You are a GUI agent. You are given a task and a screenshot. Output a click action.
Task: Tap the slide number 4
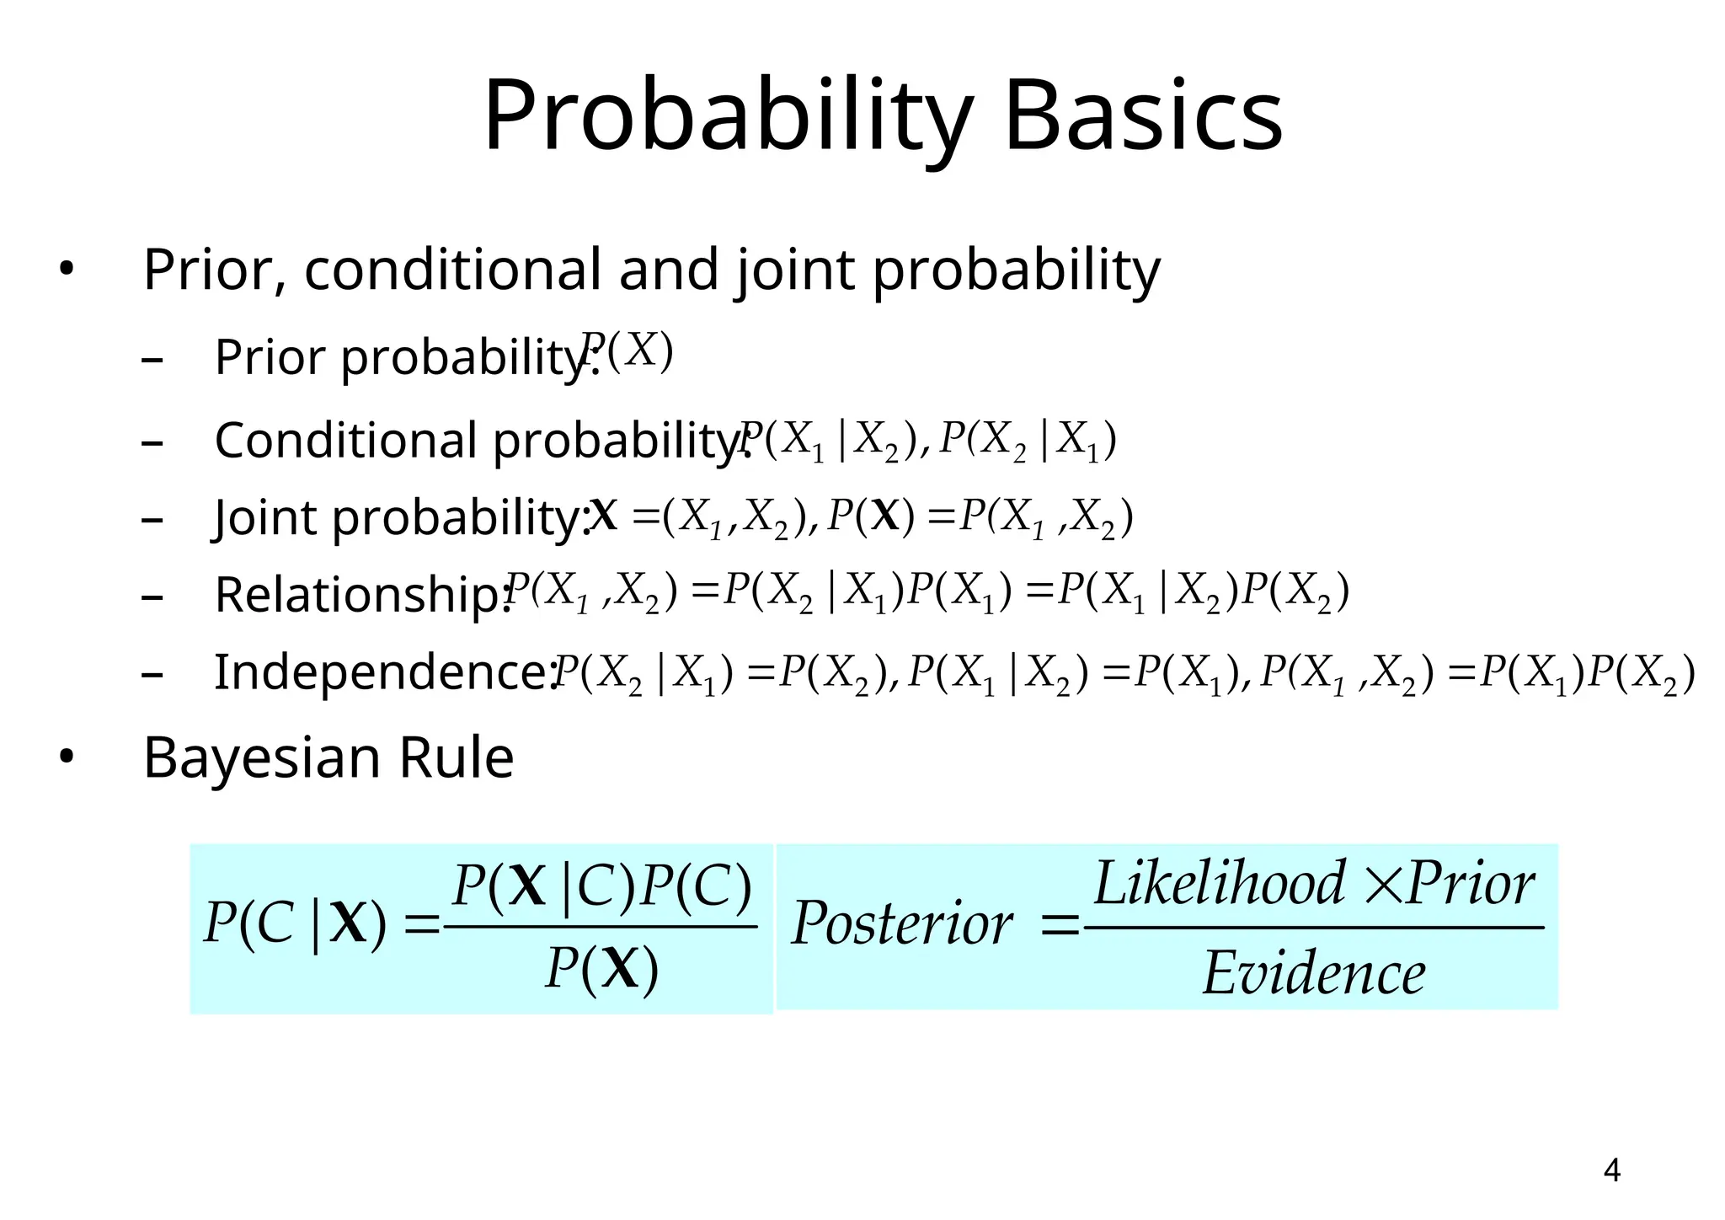pyautogui.click(x=1611, y=1170)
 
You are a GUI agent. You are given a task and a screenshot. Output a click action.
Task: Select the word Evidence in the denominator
pyautogui.click(x=1313, y=973)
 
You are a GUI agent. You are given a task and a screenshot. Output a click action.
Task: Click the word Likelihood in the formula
pyautogui.click(x=1219, y=884)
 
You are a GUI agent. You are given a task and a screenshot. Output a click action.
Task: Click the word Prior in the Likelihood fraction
pyautogui.click(x=1471, y=884)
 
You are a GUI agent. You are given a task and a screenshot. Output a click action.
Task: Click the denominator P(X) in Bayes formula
pyautogui.click(x=601, y=969)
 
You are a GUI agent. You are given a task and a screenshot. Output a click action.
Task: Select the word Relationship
pyautogui.click(x=362, y=595)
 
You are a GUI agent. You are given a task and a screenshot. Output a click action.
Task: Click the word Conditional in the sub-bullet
pyautogui.click(x=346, y=440)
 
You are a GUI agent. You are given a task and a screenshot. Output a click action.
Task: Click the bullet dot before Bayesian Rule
pyautogui.click(x=66, y=757)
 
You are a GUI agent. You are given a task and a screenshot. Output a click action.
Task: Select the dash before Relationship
pyautogui.click(x=152, y=597)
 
